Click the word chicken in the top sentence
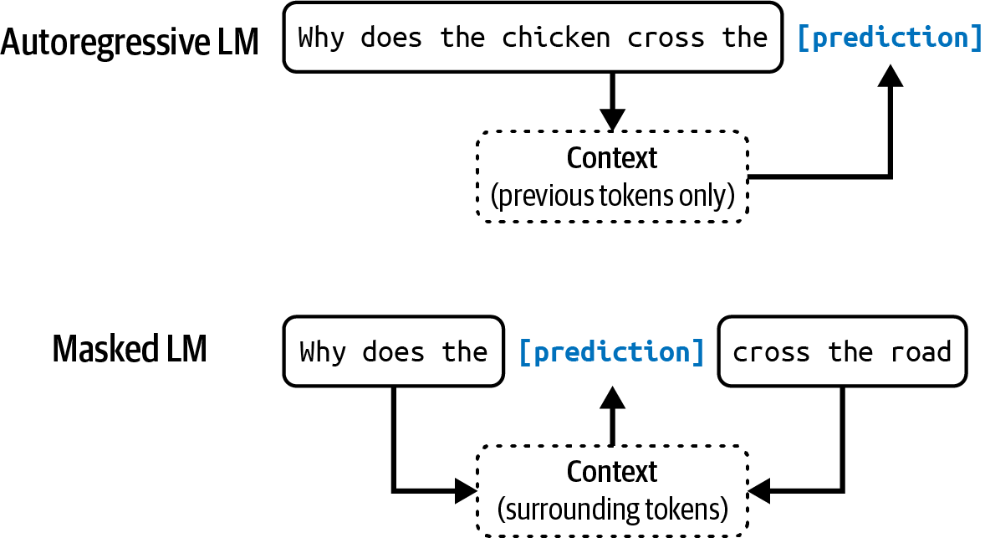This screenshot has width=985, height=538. [x=555, y=38]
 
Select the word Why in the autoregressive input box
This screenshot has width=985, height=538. [x=321, y=38]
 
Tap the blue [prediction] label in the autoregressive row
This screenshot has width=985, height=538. [x=890, y=38]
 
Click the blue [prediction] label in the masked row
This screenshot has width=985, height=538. [x=611, y=351]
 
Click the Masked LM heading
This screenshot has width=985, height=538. [x=129, y=350]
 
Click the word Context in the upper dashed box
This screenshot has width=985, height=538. [x=612, y=158]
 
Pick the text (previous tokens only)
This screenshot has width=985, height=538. [x=612, y=196]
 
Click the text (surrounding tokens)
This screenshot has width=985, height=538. [x=612, y=509]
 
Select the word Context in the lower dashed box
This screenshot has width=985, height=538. [x=612, y=472]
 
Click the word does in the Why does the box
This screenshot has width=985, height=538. [x=392, y=351]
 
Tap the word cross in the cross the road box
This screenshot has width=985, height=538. [x=771, y=351]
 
